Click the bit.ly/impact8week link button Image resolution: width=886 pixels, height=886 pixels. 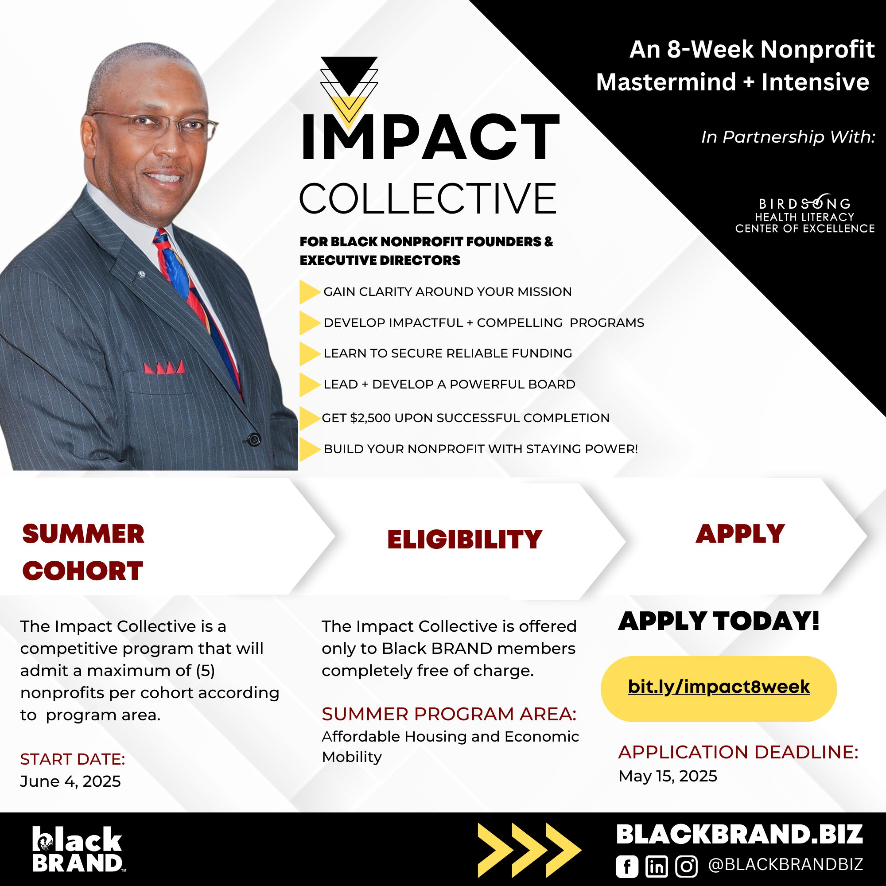pos(719,689)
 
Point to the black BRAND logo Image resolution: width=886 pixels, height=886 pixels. pos(78,849)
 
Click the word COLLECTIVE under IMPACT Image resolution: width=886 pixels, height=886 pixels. pos(428,198)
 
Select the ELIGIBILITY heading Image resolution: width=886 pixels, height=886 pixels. pos(465,539)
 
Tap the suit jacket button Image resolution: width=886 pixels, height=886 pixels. pos(253,439)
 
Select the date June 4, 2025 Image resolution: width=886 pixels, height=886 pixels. pos(70,781)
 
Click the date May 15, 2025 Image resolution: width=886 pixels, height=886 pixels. pos(668,776)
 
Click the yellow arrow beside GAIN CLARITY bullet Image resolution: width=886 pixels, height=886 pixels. pos(310,291)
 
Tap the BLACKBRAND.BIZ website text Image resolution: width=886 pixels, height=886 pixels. pos(740,834)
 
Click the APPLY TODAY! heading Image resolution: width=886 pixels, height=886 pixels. pos(719,622)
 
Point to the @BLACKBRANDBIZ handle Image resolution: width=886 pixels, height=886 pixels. pos(785,864)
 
